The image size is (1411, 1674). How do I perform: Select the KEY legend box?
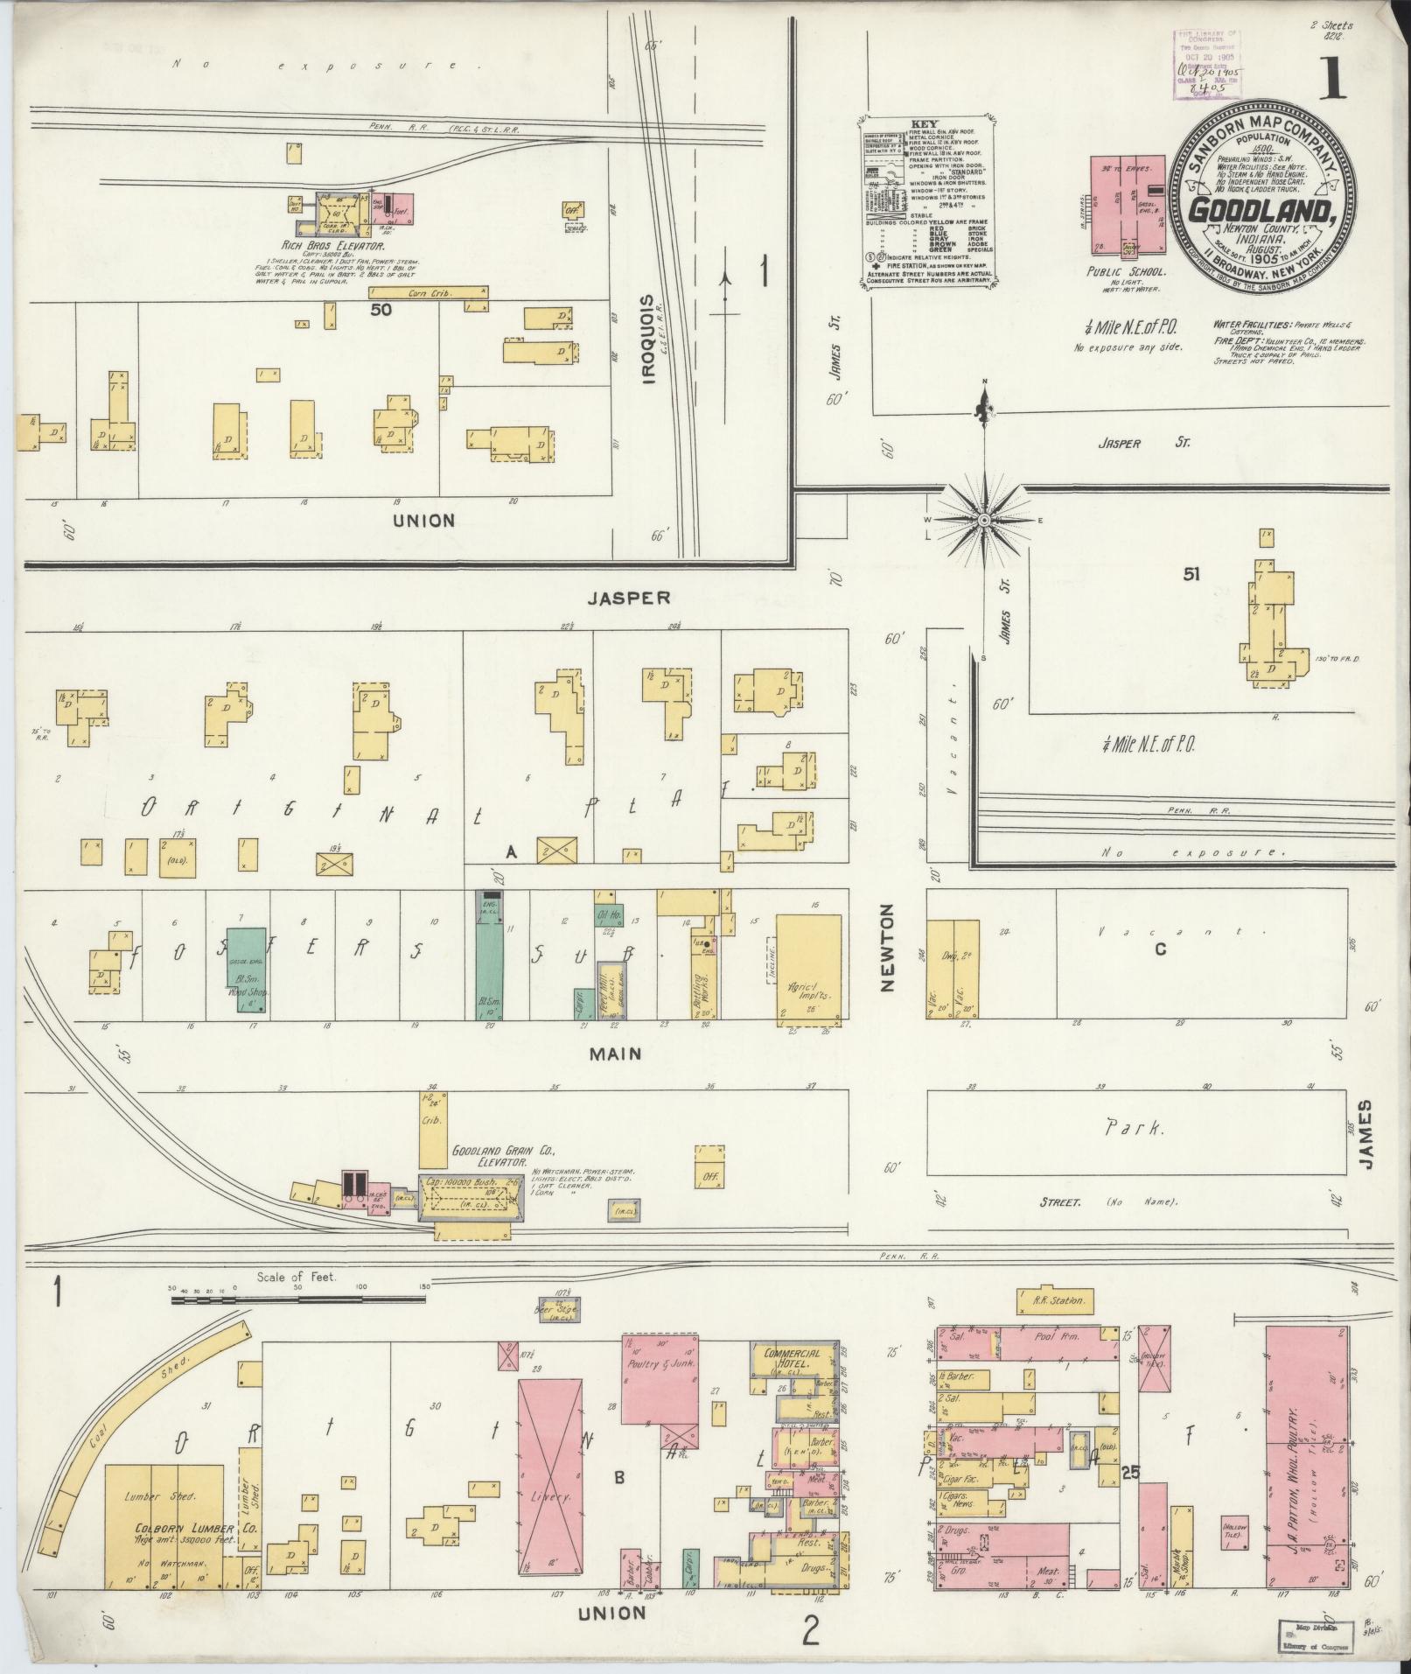tap(928, 200)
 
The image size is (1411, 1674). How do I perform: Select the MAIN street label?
tap(614, 1054)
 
